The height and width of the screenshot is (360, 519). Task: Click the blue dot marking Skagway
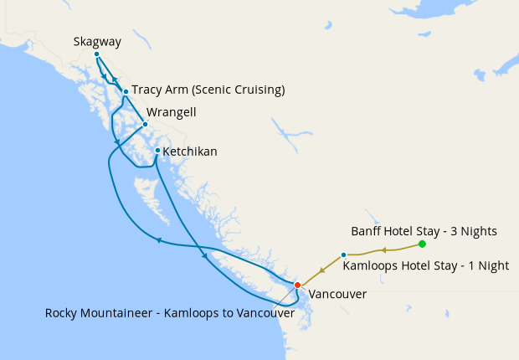96,54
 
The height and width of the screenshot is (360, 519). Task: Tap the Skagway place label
97,40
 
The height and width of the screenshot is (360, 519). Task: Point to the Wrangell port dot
145,124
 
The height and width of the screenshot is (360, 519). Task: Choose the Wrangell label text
172,111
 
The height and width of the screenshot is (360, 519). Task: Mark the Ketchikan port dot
157,151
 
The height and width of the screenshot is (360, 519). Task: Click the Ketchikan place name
190,152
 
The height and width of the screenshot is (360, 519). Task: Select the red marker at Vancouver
297,285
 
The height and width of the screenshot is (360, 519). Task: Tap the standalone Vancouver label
337,295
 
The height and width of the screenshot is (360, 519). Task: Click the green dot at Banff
422,244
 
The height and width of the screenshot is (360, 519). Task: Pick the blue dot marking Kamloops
344,255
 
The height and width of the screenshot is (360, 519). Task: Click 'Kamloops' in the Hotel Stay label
371,266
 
